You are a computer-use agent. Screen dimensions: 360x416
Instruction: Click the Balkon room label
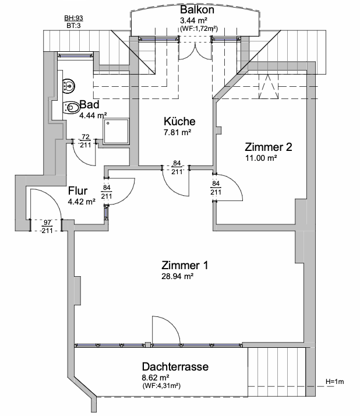[197, 10]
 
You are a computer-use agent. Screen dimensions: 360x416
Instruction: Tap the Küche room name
[179, 122]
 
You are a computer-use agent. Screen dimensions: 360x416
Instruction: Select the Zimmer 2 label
[268, 147]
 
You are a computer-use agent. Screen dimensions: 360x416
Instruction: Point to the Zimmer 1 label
[185, 265]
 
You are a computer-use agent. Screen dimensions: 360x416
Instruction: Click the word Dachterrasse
[175, 366]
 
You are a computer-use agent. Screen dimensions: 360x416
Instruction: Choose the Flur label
[77, 191]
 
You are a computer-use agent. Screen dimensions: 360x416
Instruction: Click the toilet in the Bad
[71, 108]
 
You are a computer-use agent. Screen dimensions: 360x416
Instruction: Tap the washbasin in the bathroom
[69, 86]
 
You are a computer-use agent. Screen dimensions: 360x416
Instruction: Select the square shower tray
[116, 131]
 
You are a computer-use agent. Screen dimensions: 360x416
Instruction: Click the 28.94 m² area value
[177, 276]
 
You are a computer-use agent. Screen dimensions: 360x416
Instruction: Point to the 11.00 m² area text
[261, 158]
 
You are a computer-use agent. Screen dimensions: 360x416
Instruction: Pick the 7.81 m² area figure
[178, 132]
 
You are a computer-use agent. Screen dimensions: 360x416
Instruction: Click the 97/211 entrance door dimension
[47, 227]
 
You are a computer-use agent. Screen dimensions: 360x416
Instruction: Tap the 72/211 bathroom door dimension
[86, 141]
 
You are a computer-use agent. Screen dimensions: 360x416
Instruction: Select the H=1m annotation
[334, 382]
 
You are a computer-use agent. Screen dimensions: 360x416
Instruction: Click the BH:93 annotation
[73, 18]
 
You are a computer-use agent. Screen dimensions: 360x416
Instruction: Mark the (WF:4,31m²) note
[161, 386]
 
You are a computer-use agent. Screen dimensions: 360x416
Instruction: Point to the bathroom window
[76, 56]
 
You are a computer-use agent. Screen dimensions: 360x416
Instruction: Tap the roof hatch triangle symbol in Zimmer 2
[269, 87]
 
